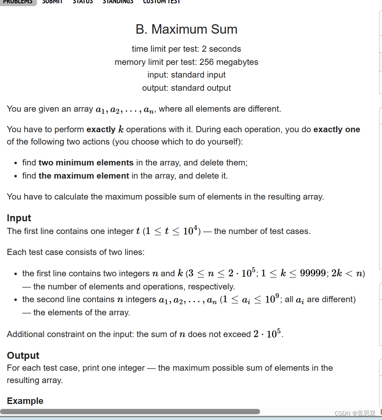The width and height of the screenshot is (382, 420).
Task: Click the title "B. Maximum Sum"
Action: click(186, 30)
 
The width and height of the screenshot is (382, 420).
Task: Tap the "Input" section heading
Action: click(19, 218)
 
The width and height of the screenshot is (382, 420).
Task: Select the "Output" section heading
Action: click(23, 356)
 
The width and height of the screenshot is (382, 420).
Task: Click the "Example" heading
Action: click(25, 401)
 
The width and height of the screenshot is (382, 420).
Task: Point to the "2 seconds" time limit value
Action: click(221, 49)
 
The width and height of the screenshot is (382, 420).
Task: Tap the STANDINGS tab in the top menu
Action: click(118, 2)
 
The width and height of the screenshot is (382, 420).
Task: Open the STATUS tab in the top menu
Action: click(82, 2)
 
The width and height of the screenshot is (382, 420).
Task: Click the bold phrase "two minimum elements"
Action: click(86, 163)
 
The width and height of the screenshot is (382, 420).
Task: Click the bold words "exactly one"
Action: click(336, 129)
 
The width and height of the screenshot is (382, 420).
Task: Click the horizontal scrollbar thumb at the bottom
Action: click(130, 411)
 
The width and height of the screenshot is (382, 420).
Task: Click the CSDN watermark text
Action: click(355, 413)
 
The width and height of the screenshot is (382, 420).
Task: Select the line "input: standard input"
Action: click(186, 75)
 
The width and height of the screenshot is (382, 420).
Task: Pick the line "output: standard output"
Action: click(186, 88)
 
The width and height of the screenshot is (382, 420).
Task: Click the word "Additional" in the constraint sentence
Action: click(26, 334)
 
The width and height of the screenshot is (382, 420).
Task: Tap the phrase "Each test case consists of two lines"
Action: click(75, 252)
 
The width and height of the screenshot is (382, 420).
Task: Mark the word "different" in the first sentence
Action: click(263, 109)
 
